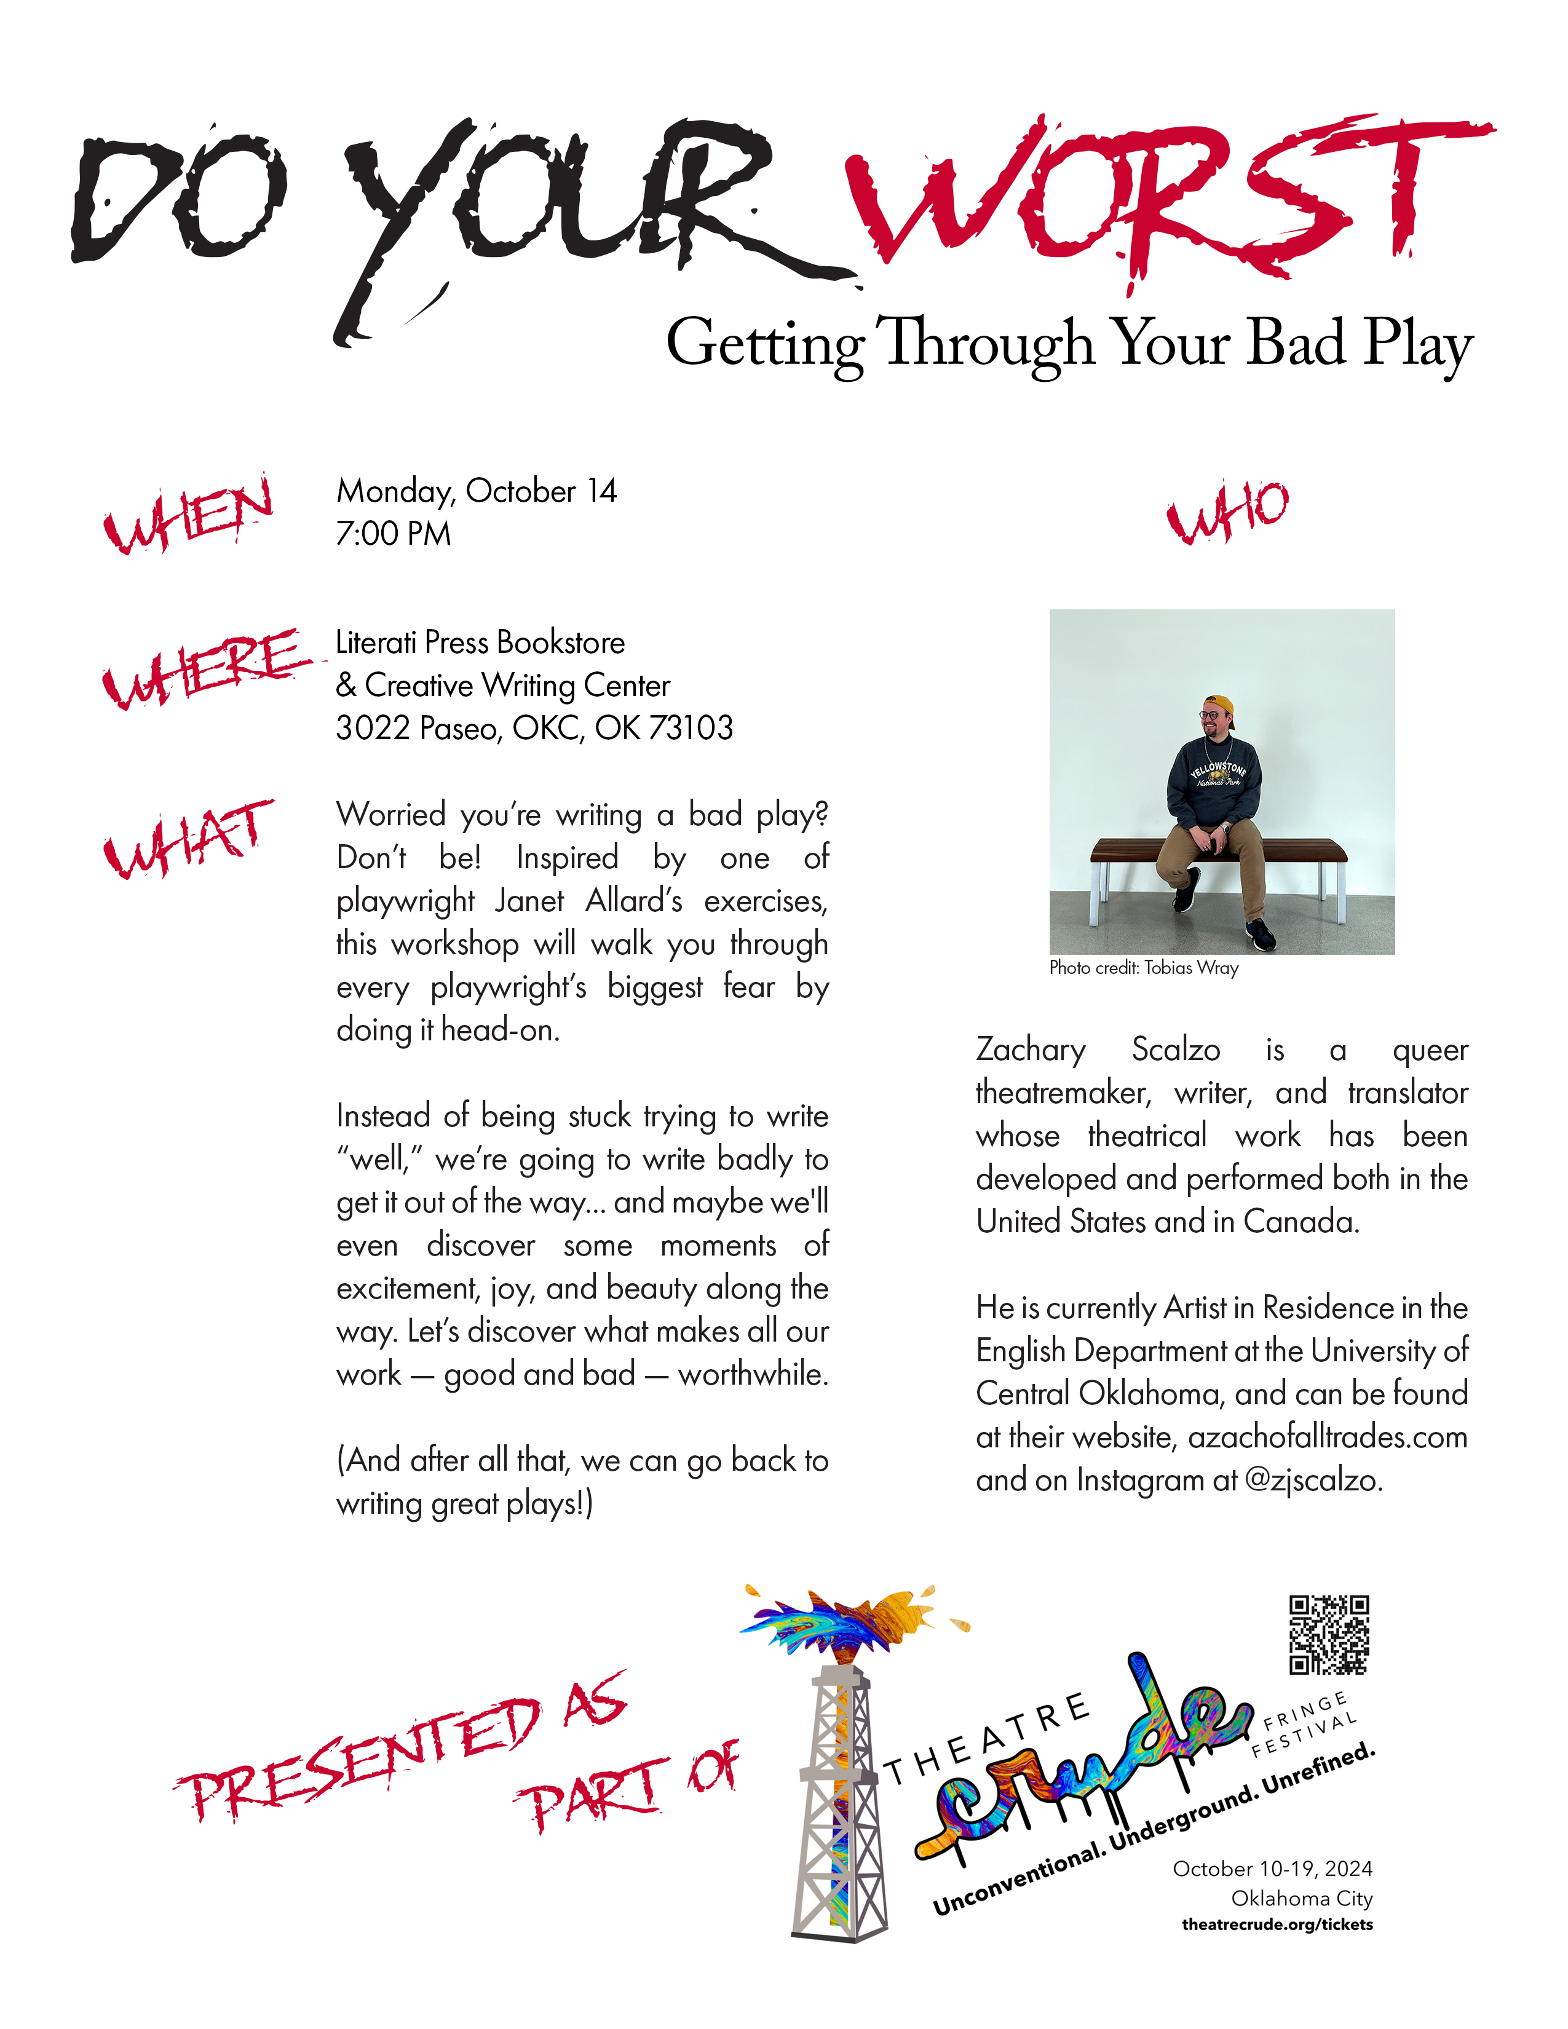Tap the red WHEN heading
tap(188, 514)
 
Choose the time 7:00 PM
tap(393, 534)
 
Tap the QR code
tap(1328, 1635)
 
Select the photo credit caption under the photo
tap(1144, 968)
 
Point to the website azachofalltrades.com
tap(1328, 1438)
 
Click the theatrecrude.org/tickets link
tap(1277, 1925)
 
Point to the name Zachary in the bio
tap(1030, 1050)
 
